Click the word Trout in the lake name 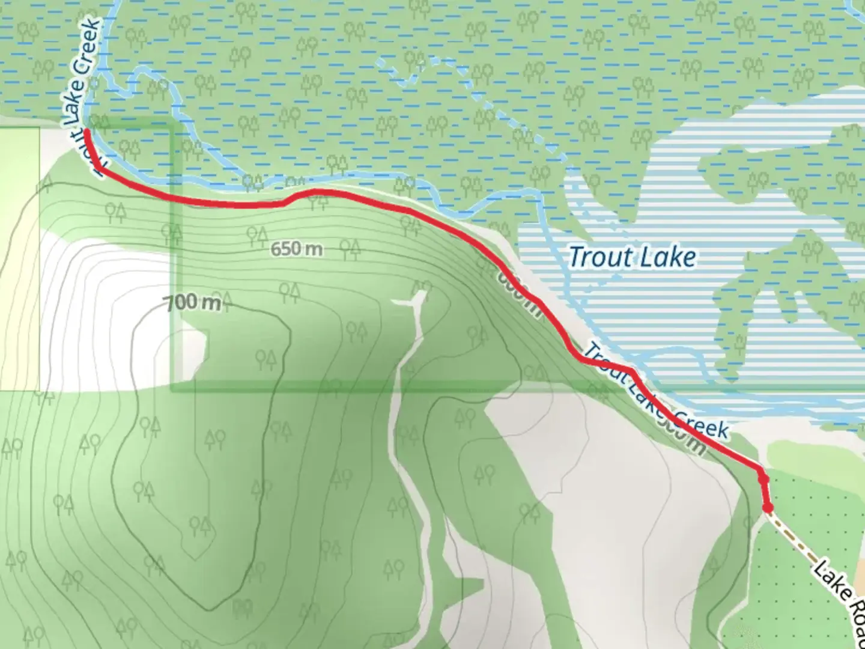pos(597,257)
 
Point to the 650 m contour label pos(296,248)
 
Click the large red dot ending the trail pos(768,508)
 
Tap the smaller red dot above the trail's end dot pos(763,480)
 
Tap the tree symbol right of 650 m pos(350,248)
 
